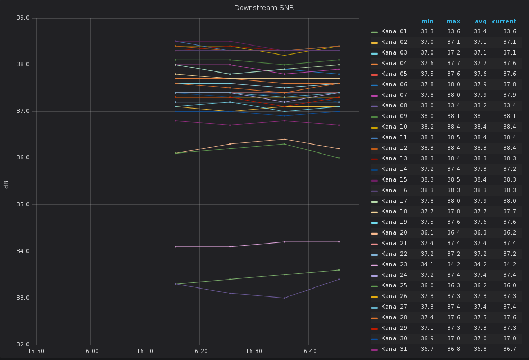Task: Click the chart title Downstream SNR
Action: [x=264, y=8]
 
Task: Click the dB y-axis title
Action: [x=6, y=184]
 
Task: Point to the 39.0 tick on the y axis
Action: [x=23, y=18]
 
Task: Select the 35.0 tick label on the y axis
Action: [x=23, y=204]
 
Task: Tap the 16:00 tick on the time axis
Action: [x=90, y=351]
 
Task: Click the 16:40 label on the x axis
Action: [x=308, y=351]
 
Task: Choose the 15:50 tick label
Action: [x=36, y=351]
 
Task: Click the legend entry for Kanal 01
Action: [x=394, y=32]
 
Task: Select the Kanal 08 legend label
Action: [x=394, y=106]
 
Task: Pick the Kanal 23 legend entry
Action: [x=394, y=265]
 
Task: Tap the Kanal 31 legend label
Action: [x=394, y=349]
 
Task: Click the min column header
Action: [x=427, y=22]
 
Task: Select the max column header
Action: [x=453, y=22]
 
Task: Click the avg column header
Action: [x=480, y=22]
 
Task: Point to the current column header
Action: [x=504, y=22]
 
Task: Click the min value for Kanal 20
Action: [x=427, y=233]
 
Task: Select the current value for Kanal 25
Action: [x=509, y=286]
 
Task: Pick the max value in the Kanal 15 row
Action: [x=453, y=180]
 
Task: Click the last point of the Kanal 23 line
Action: [x=339, y=242]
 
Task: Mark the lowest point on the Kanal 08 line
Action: [x=284, y=298]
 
